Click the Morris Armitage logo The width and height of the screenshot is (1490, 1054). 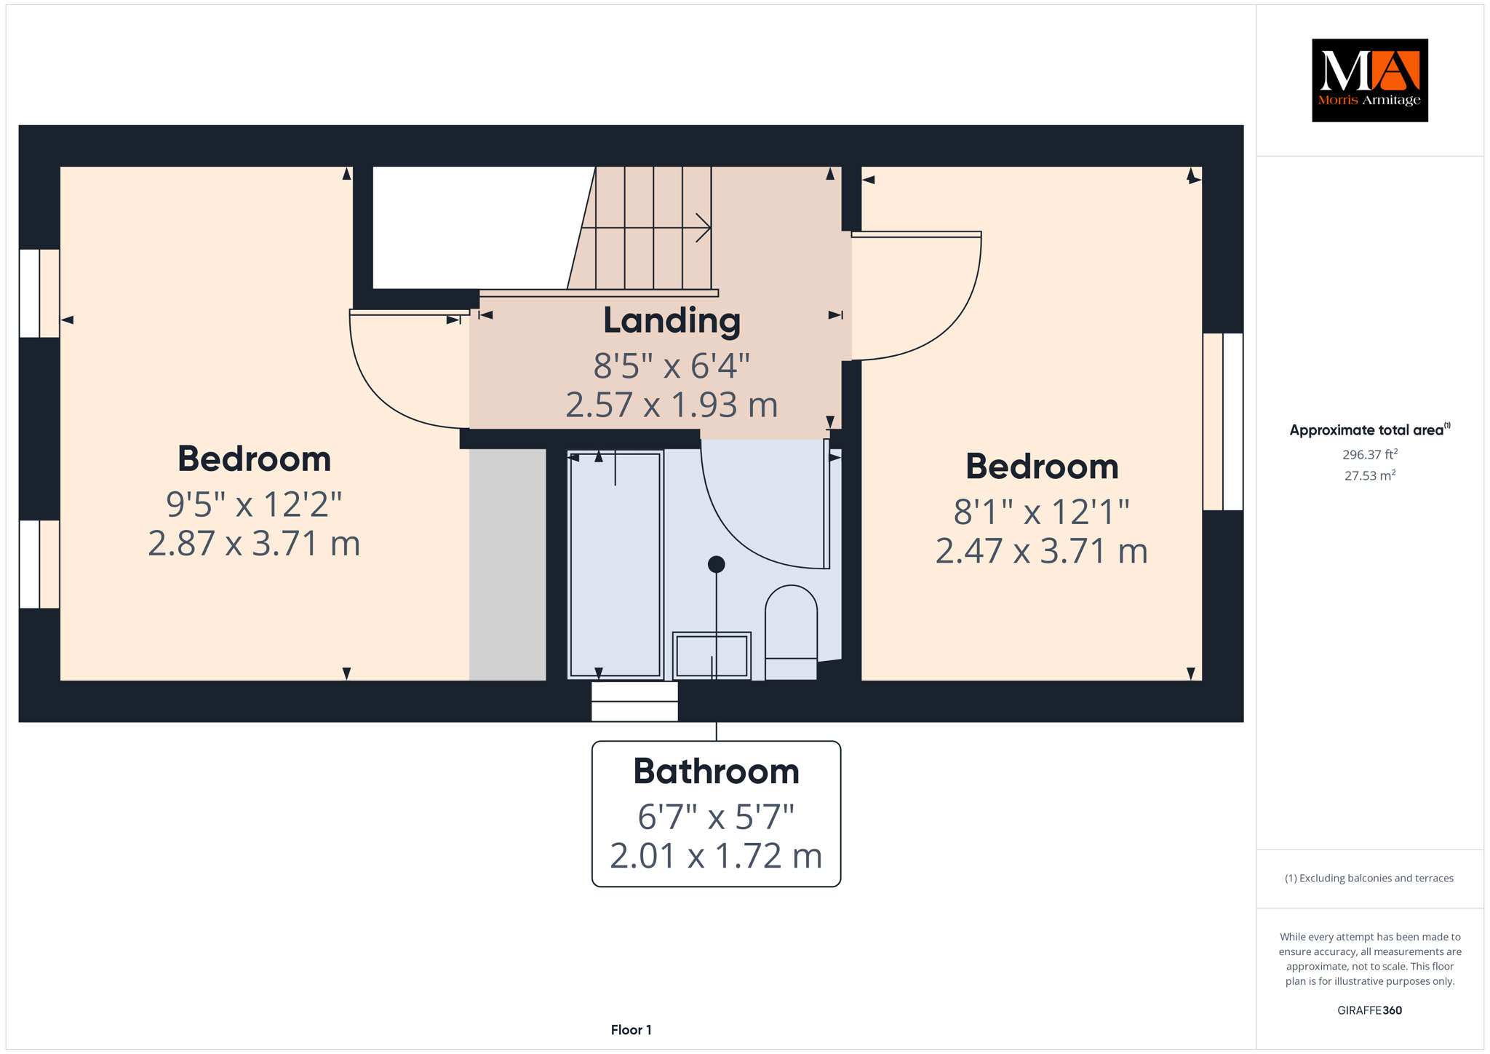1369,80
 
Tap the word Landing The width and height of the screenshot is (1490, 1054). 672,321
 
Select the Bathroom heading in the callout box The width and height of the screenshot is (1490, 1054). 716,772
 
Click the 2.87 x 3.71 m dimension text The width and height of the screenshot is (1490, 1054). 254,544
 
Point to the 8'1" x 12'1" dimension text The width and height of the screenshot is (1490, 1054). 1041,512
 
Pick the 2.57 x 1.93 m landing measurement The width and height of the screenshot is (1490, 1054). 672,405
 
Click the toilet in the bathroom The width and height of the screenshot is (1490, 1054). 791,633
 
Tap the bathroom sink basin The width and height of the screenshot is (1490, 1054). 712,656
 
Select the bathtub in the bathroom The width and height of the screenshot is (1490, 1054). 615,565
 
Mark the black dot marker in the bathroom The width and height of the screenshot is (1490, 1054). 716,564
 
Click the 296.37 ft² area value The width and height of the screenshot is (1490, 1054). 1370,454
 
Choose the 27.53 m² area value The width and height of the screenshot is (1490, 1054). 1370,475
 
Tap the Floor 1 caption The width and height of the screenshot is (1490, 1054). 632,1030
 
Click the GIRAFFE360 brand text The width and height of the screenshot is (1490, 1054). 1369,1010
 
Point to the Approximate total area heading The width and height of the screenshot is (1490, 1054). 1370,429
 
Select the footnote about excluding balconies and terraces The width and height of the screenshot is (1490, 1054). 1369,878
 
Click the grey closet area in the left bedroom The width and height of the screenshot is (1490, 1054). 508,565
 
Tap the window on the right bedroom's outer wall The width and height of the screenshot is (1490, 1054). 1223,421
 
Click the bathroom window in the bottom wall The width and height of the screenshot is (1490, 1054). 634,701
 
